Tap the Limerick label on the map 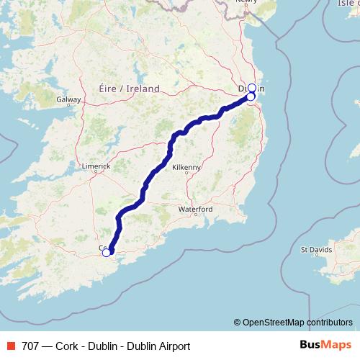tap(96, 166)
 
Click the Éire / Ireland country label tap(128, 89)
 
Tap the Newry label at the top tap(246, 2)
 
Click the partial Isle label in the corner tap(347, 4)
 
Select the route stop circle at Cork tap(107, 252)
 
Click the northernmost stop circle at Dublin tap(252, 88)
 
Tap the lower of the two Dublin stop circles tap(251, 96)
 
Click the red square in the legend tap(9, 346)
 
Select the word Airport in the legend tap(172, 346)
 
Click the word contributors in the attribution tap(330, 322)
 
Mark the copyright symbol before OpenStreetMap tap(237, 322)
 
